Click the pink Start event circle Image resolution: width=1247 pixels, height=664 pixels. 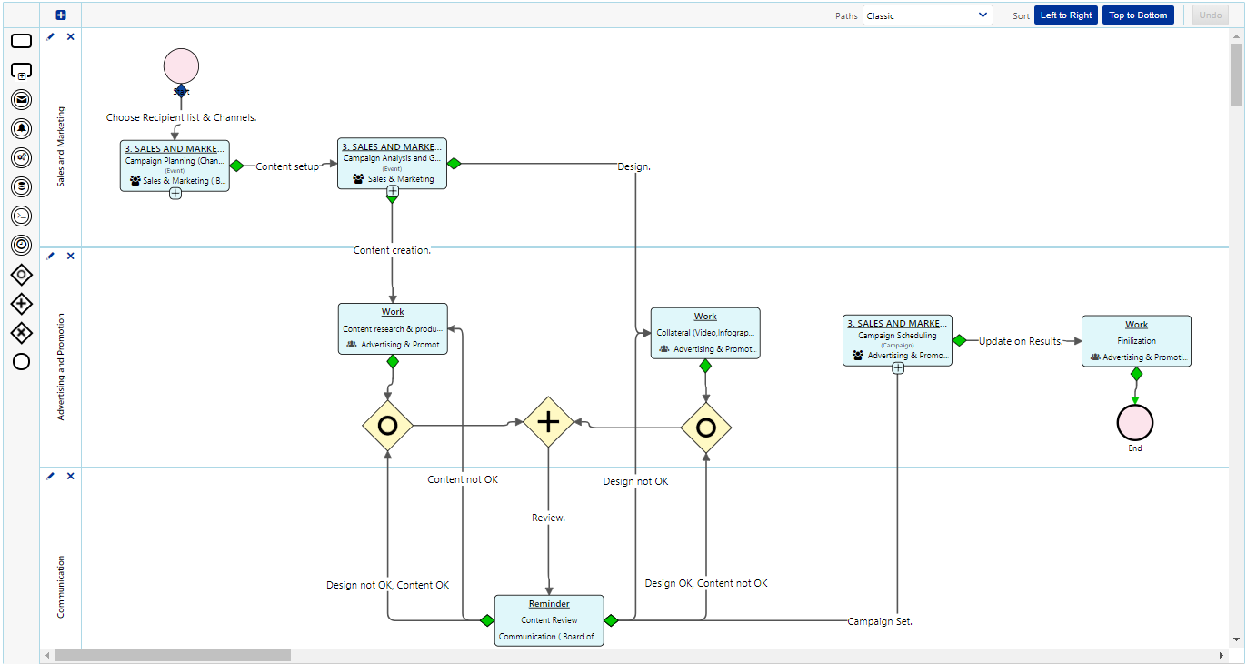point(181,66)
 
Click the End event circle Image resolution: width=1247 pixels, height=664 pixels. point(1134,423)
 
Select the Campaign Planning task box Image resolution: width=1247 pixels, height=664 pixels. point(175,165)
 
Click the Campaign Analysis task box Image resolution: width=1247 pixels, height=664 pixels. point(392,164)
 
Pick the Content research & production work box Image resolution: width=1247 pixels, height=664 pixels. point(393,328)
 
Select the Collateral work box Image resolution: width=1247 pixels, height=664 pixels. point(705,333)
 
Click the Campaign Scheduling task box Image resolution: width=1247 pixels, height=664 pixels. point(897,340)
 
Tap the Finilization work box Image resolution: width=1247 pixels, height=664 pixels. point(1136,341)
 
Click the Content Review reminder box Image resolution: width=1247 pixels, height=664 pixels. point(549,620)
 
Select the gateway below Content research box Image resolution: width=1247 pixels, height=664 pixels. point(388,425)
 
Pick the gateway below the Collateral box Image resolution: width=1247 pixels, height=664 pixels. point(706,428)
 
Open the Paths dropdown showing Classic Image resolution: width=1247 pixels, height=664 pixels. point(927,15)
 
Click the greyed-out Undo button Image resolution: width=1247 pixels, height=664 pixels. point(1210,15)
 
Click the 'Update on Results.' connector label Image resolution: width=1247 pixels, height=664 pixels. point(1021,341)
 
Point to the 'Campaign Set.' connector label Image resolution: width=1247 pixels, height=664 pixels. point(880,621)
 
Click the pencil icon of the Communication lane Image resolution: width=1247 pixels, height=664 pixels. point(51,476)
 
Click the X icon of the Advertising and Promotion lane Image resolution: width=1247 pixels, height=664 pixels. point(71,256)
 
